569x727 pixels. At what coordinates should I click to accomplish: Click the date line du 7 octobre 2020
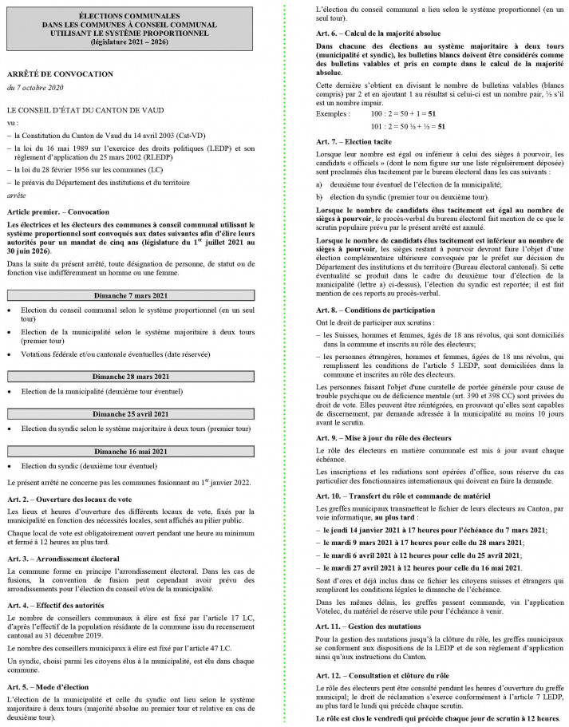[34, 87]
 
